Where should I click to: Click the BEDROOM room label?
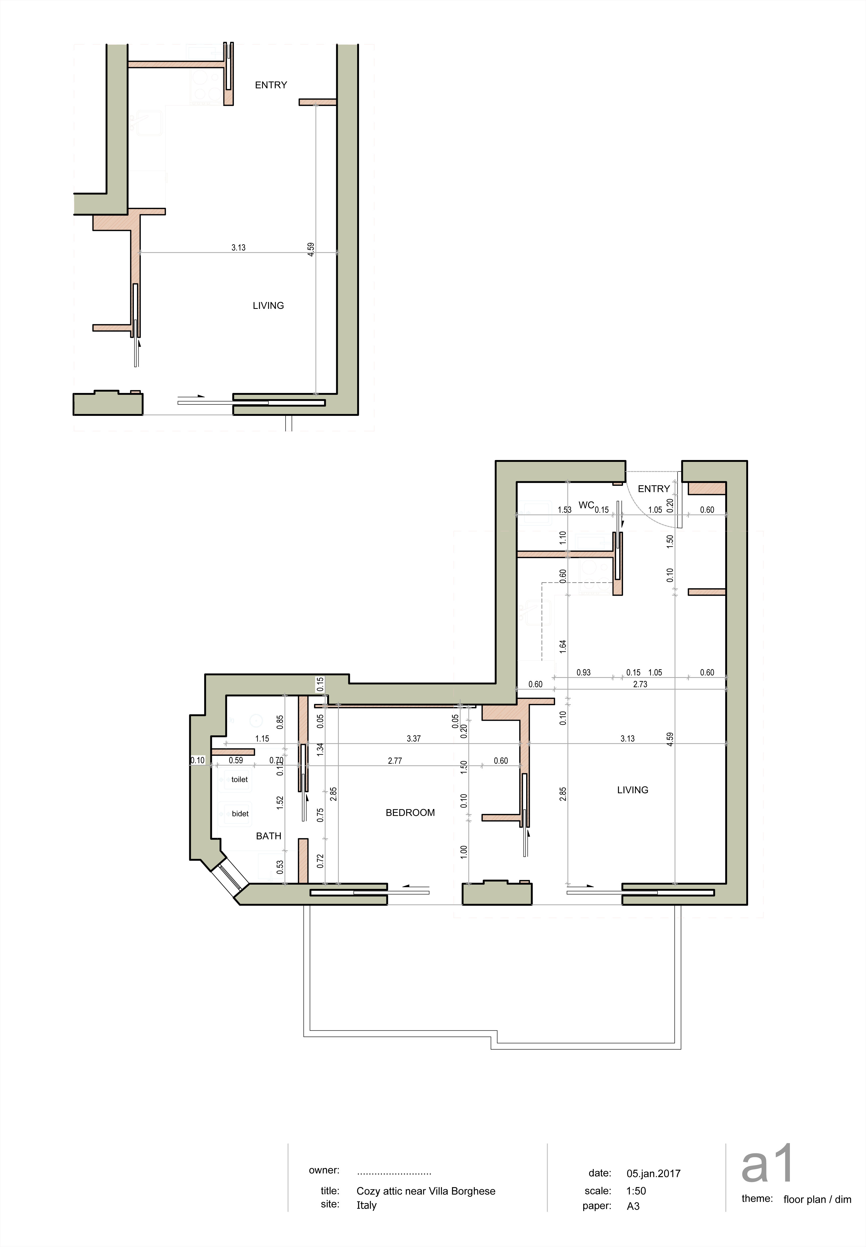click(410, 813)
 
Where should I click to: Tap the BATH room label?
click(269, 836)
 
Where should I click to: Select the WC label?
click(586, 505)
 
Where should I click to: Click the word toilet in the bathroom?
click(239, 780)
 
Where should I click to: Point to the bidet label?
click(240, 814)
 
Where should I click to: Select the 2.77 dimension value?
click(395, 760)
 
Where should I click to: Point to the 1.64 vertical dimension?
click(563, 645)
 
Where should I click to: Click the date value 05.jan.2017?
click(653, 1173)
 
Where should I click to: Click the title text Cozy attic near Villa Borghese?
click(426, 1191)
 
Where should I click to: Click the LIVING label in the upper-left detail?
click(268, 305)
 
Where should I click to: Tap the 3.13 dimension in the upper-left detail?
click(238, 247)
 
